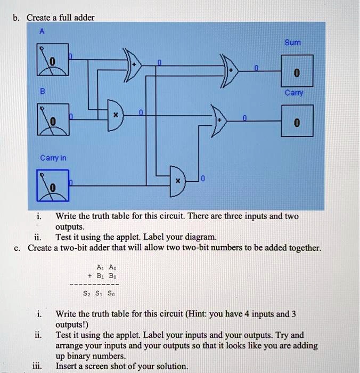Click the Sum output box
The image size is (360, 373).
[297, 72]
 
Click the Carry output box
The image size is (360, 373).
[297, 123]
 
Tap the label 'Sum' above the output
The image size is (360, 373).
[292, 43]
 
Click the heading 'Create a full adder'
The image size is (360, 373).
[60, 18]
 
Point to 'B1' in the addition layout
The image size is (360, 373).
[100, 276]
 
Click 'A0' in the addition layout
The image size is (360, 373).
[112, 267]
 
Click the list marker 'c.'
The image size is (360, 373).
[18, 248]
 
